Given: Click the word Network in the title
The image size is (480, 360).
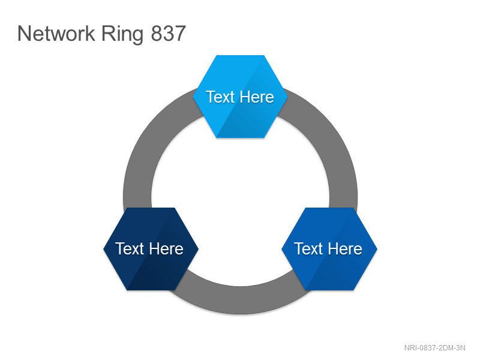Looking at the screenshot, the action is tap(56, 34).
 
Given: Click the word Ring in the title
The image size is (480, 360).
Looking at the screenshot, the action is tap(122, 35).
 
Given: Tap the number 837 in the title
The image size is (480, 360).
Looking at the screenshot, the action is tap(169, 34).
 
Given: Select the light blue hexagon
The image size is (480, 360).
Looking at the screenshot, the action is tap(241, 97).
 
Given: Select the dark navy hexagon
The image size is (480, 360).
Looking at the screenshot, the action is tap(151, 249).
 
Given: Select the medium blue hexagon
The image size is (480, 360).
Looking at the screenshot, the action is tap(329, 249).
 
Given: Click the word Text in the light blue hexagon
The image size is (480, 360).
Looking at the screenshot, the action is tap(220, 97).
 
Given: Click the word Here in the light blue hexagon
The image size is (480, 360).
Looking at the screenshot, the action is tap(257, 97).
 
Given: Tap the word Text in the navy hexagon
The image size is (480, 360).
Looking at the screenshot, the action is tap(130, 248).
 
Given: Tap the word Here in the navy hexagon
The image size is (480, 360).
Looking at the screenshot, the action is tap(166, 248).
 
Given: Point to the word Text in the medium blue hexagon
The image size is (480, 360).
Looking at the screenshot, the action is tap(308, 248).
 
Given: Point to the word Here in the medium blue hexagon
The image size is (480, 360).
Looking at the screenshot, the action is tap(346, 248).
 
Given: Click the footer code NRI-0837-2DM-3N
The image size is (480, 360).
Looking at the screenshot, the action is tap(434, 348).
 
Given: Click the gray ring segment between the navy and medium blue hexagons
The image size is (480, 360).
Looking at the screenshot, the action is tap(241, 301).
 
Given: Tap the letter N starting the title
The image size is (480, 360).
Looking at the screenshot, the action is tap(25, 34).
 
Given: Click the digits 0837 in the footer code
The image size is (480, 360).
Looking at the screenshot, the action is tap(428, 348).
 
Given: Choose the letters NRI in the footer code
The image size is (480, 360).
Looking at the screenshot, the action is tap(410, 348).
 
